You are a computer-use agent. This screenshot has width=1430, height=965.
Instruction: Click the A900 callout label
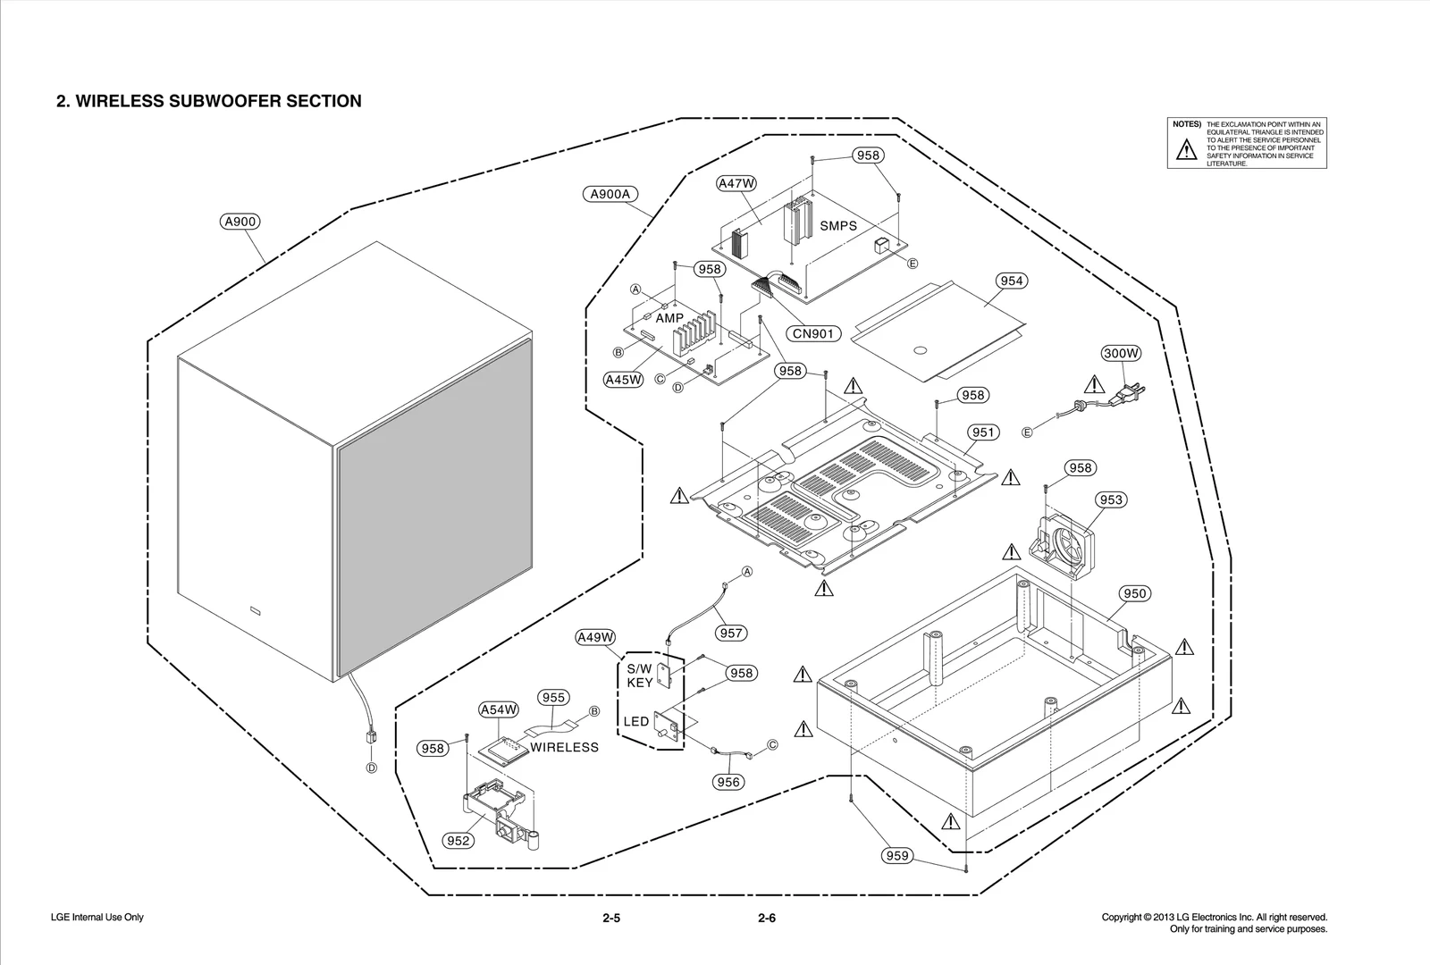pos(240,222)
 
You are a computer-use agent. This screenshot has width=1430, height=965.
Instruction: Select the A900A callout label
pos(611,194)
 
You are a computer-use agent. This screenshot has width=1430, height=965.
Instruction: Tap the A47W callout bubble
pos(736,183)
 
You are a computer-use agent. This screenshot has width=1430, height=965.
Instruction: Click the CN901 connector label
pos(813,333)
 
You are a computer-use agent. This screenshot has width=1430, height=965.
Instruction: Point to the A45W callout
pos(623,380)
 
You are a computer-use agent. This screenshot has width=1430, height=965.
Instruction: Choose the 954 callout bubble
pos(1011,281)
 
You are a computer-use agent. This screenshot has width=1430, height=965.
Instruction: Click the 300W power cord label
pos(1121,353)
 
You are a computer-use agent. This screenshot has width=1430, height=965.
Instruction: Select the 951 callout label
pos(982,432)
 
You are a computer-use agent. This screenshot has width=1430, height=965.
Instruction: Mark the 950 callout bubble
pos(1133,593)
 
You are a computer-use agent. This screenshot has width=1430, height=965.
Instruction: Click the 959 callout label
pos(896,856)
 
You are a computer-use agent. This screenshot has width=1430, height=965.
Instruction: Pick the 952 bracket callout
pos(458,841)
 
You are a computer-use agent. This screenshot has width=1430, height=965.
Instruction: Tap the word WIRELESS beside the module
pos(564,747)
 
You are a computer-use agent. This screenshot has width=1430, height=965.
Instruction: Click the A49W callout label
pos(595,637)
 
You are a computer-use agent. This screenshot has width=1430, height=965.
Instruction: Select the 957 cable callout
pos(730,633)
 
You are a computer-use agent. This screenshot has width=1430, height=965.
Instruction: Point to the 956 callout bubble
pos(728,782)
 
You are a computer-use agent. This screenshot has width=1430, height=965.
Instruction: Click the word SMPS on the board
pos(837,226)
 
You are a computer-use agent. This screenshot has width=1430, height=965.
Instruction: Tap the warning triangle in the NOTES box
pos(1185,150)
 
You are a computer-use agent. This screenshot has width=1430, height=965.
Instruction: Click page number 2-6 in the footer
pos(766,919)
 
